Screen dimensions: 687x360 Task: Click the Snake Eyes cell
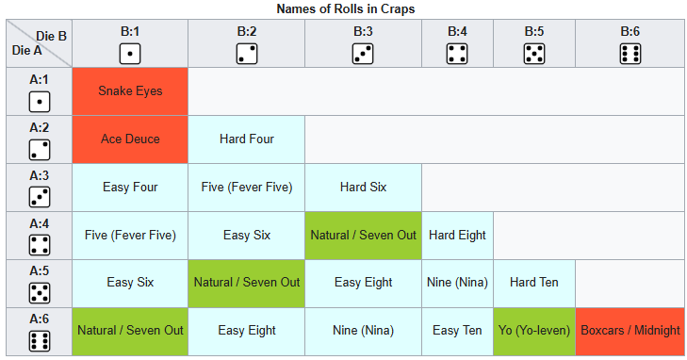click(x=130, y=91)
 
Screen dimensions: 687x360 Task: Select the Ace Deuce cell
click(x=130, y=139)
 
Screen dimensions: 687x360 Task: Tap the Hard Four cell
click(x=247, y=139)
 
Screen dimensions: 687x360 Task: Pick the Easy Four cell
click(x=130, y=188)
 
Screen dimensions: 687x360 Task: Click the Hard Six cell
click(x=363, y=188)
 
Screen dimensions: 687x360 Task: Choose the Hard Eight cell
click(x=457, y=236)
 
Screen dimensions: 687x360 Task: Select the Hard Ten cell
click(x=534, y=284)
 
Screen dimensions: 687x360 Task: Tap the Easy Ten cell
click(x=457, y=331)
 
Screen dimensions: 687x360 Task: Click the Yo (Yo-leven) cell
click(x=534, y=331)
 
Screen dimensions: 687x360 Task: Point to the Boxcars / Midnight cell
click(x=630, y=331)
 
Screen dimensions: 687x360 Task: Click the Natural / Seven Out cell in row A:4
click(x=363, y=236)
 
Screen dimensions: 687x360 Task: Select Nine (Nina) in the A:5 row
click(x=457, y=284)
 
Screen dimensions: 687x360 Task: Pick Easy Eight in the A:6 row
click(x=247, y=331)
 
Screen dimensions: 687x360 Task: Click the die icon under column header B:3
click(x=363, y=54)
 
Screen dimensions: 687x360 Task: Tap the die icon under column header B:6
click(x=630, y=54)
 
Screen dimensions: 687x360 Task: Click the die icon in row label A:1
click(x=40, y=102)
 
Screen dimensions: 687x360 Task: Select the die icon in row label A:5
click(x=40, y=293)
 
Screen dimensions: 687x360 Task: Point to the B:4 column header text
click(x=457, y=31)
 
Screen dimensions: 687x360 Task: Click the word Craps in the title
click(x=399, y=8)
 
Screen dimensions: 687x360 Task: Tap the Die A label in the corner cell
click(x=26, y=50)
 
